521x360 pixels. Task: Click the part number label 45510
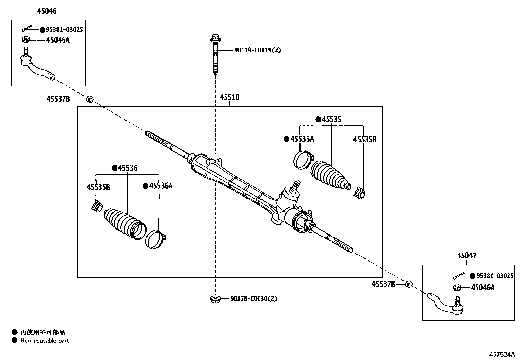coord(229,97)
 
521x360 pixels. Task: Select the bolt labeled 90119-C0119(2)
coord(215,54)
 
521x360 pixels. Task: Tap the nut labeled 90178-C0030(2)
coord(215,299)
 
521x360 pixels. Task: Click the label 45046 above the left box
coord(46,11)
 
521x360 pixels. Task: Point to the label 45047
coord(467,256)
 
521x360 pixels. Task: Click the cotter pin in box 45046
coord(27,29)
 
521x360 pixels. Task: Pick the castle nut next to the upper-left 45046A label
coord(26,40)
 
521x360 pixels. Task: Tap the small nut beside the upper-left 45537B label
coord(90,99)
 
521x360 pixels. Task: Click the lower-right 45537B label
coord(383,284)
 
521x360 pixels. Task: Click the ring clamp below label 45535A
coord(302,159)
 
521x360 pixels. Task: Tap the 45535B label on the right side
coord(365,140)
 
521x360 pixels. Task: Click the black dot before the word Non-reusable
coord(14,341)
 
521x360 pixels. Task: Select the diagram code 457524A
coord(502,354)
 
